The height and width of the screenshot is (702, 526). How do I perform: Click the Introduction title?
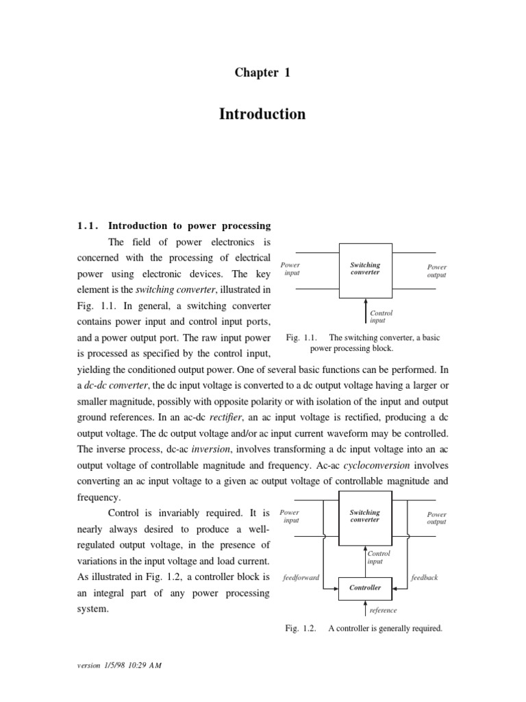coord(262,114)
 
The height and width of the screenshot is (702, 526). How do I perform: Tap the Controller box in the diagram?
coord(366,588)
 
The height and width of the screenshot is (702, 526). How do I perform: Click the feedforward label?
coord(301,577)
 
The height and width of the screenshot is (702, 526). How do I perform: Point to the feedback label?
coord(424,577)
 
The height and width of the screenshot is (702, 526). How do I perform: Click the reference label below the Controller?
coord(383,610)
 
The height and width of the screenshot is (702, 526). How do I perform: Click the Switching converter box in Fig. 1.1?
coord(366,269)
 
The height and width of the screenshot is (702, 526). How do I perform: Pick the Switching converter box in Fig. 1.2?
coord(366,516)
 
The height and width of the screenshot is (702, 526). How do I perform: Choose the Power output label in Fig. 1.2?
coord(436,518)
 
